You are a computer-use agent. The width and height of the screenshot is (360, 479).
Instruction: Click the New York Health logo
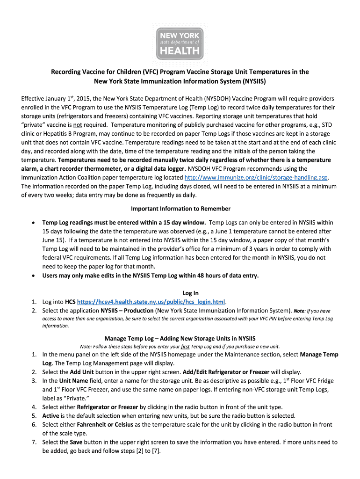point(180,43)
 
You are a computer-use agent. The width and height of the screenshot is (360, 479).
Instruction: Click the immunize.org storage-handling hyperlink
point(256,177)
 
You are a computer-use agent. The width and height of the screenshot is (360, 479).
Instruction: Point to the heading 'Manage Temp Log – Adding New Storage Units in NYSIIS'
point(180,338)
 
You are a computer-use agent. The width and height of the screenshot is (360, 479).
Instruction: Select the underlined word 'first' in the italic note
point(187,346)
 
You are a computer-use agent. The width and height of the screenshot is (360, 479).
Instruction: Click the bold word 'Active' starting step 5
point(51,415)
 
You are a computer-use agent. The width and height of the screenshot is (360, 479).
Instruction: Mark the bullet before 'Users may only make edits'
point(33,276)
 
